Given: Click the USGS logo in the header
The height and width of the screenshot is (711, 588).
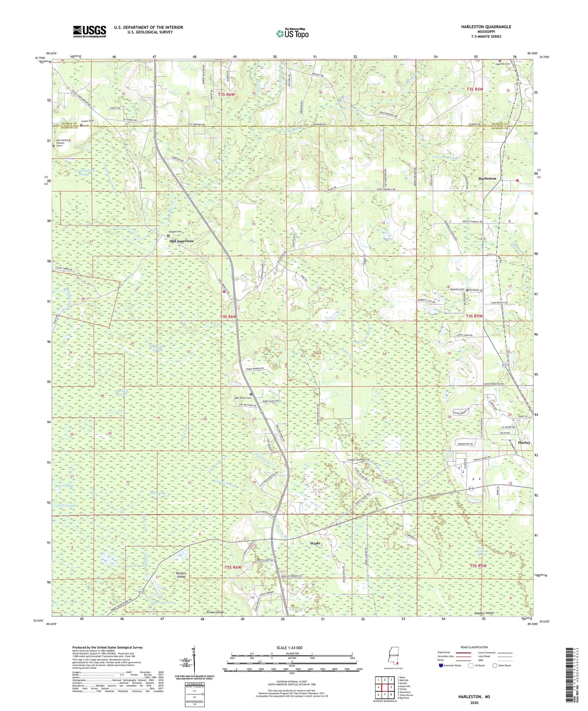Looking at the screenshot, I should tap(89, 31).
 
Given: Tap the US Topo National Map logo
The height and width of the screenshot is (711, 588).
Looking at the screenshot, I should tap(292, 33).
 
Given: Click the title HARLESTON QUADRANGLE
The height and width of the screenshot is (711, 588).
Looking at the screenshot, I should tap(481, 27).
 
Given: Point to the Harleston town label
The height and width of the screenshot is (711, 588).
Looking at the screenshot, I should tap(487, 178).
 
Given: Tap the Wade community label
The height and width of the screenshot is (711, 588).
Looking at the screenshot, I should tap(315, 544).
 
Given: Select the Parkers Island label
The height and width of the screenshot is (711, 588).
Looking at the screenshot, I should tap(181, 575).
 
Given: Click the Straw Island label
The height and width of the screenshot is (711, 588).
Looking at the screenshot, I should tap(215, 612).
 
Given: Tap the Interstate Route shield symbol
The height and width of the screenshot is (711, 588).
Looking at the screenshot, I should tap(441, 665).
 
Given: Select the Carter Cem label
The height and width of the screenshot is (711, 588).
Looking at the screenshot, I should tap(87, 121).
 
